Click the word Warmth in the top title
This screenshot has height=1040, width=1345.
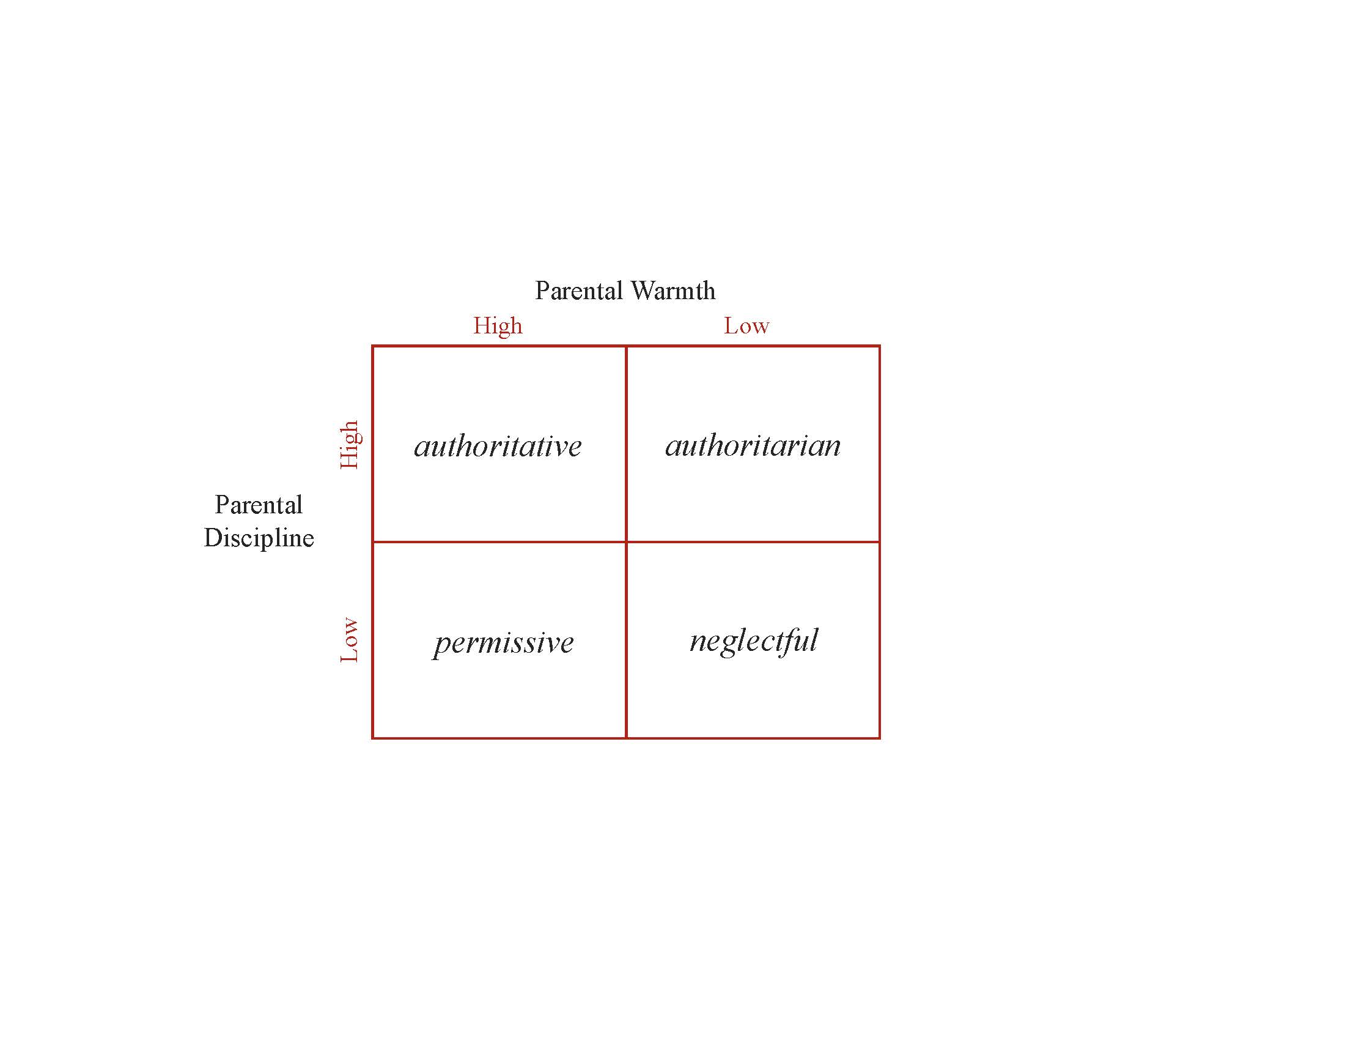(673, 290)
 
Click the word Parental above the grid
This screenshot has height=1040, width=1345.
(579, 290)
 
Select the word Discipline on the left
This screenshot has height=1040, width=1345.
(259, 538)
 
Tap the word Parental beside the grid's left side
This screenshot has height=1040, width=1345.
(259, 505)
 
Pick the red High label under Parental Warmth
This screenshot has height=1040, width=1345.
(498, 325)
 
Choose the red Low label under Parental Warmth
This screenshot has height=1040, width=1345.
(746, 325)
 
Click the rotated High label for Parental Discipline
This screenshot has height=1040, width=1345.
(349, 445)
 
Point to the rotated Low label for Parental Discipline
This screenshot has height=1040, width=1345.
(349, 639)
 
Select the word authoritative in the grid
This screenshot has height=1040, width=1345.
(498, 445)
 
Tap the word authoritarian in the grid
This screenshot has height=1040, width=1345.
(753, 445)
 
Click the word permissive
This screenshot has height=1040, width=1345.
(503, 643)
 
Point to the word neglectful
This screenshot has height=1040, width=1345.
(754, 641)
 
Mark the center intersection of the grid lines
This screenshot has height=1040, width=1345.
(626, 542)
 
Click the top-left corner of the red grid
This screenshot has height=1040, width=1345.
(372, 346)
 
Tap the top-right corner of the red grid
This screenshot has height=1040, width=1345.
(879, 346)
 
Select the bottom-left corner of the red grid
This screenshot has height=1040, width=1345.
(372, 738)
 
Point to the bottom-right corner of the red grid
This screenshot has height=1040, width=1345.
(879, 738)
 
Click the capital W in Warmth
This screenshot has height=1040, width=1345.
(643, 290)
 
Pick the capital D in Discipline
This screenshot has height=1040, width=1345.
(213, 538)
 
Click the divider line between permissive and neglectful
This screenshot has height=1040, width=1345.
(626, 640)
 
